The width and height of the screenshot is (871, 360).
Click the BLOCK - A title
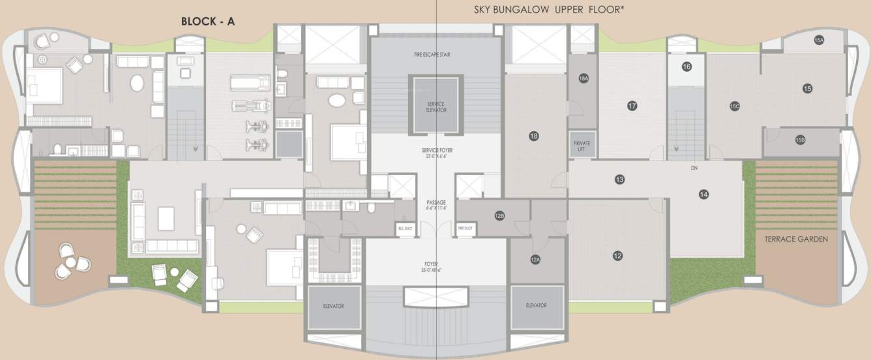tap(208, 22)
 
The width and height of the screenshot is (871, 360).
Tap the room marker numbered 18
tap(534, 136)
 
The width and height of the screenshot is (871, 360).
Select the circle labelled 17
tap(632, 106)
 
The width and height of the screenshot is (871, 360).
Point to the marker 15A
tap(819, 40)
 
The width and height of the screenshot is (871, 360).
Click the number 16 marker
tap(686, 67)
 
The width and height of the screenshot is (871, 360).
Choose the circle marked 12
tap(617, 255)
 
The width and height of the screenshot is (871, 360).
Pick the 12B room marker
tap(499, 216)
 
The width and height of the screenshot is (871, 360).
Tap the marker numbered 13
tap(619, 179)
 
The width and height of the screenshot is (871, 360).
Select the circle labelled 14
tap(703, 194)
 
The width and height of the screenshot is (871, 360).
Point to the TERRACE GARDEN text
tap(796, 239)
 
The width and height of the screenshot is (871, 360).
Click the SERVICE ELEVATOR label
tap(436, 107)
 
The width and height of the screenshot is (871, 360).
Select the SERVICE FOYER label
tap(437, 153)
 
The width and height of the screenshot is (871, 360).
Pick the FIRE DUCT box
tap(465, 228)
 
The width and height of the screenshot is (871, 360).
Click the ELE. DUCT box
tap(406, 228)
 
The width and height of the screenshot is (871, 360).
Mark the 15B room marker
tap(801, 140)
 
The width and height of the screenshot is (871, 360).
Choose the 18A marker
tap(583, 78)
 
